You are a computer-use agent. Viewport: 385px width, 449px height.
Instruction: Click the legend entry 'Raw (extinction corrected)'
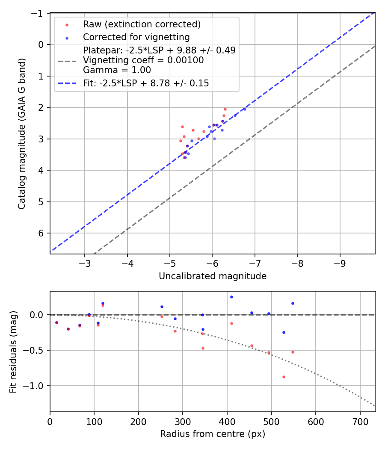tap(142, 24)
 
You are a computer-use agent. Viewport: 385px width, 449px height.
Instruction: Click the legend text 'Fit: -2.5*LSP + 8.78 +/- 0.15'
tap(146, 83)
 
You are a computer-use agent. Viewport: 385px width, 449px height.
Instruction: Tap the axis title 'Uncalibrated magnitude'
tap(213, 276)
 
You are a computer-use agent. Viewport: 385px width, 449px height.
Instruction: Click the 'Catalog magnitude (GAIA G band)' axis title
tap(22, 133)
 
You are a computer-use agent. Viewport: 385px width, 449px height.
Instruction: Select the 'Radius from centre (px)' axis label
tap(213, 434)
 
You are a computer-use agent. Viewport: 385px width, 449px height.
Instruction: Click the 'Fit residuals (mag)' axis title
tap(13, 352)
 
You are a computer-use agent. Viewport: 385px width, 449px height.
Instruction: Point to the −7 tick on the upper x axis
tap(255, 262)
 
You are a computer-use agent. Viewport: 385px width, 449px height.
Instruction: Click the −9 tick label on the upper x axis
tap(340, 262)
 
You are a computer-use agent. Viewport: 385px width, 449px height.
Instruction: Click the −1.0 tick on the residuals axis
tap(36, 386)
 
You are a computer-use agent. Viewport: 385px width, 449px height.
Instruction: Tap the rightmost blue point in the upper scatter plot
tap(245, 109)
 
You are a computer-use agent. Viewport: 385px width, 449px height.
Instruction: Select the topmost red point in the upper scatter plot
tap(225, 109)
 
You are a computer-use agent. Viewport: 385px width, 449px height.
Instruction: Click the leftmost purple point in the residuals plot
tap(56, 322)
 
